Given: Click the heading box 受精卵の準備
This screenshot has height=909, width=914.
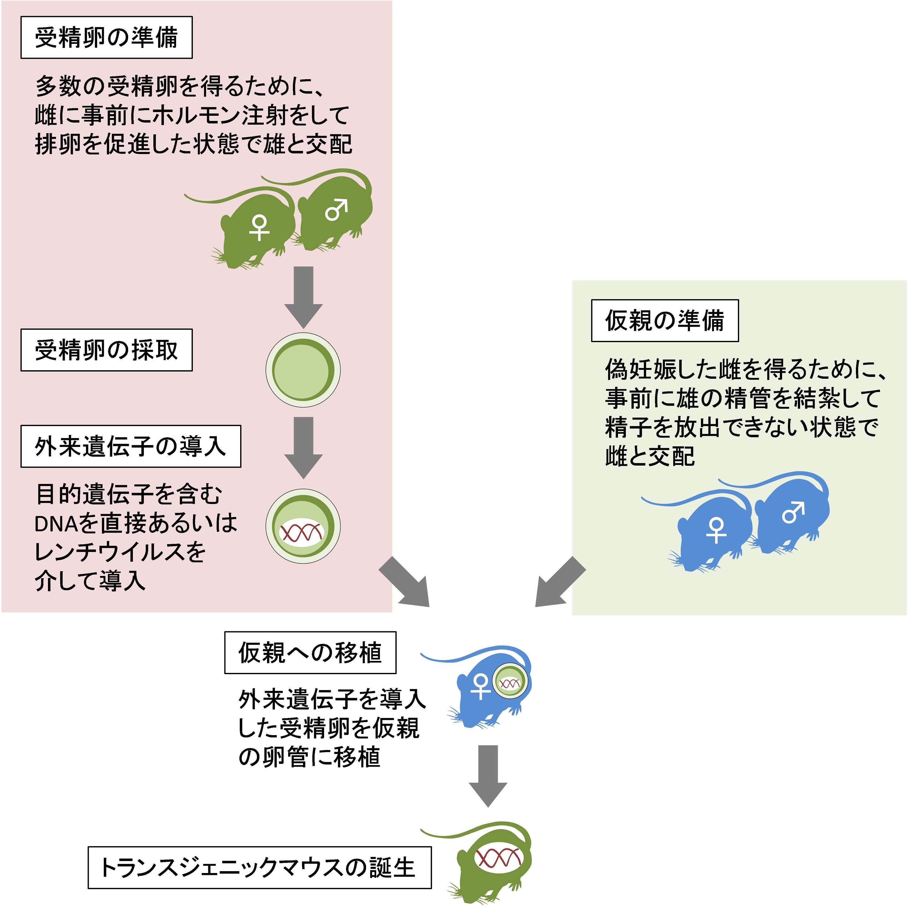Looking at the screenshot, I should tap(106, 37).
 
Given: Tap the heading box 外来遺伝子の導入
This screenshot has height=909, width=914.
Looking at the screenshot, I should tap(131, 447).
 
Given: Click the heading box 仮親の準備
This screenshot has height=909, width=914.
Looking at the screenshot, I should tap(665, 321).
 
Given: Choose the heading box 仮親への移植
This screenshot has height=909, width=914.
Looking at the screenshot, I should tap(310, 653).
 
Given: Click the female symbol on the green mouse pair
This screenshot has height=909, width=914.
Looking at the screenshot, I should tap(259, 228).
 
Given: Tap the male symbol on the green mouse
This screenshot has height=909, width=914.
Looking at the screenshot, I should tap(336, 209).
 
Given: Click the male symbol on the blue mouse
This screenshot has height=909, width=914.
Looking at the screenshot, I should tap(793, 513).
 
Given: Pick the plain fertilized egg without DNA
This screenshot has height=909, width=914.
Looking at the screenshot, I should tap(303, 370).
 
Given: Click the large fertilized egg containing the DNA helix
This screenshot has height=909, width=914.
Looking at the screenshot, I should tap(303, 526).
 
